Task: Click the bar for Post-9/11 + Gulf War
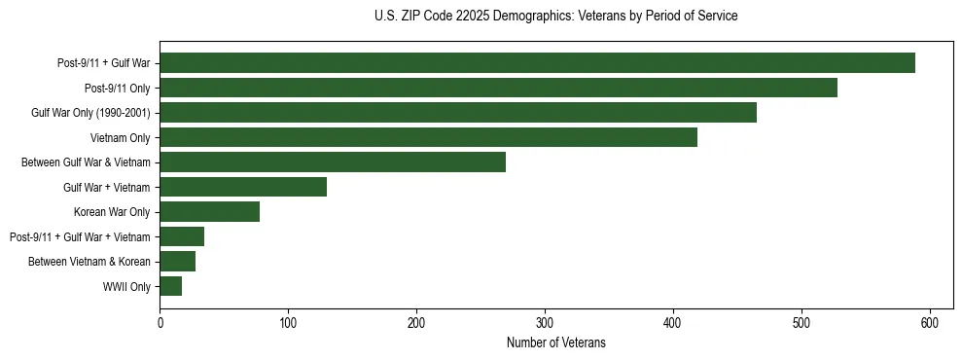tap(537, 63)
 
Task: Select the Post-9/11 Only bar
tap(498, 88)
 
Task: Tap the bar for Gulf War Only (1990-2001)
tap(458, 113)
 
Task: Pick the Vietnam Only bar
tap(428, 137)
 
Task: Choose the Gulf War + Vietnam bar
tap(243, 187)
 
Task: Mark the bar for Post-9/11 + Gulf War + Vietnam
tap(182, 236)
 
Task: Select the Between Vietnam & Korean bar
tap(177, 261)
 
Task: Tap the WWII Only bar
tap(170, 286)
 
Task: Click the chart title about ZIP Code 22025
tap(555, 17)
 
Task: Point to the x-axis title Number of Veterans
tap(555, 342)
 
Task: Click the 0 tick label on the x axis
tap(160, 322)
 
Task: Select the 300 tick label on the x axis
tap(545, 322)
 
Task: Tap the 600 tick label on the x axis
tap(929, 322)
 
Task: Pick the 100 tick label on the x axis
tap(288, 322)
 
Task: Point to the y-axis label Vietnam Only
tap(121, 138)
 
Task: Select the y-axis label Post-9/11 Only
tap(117, 89)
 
